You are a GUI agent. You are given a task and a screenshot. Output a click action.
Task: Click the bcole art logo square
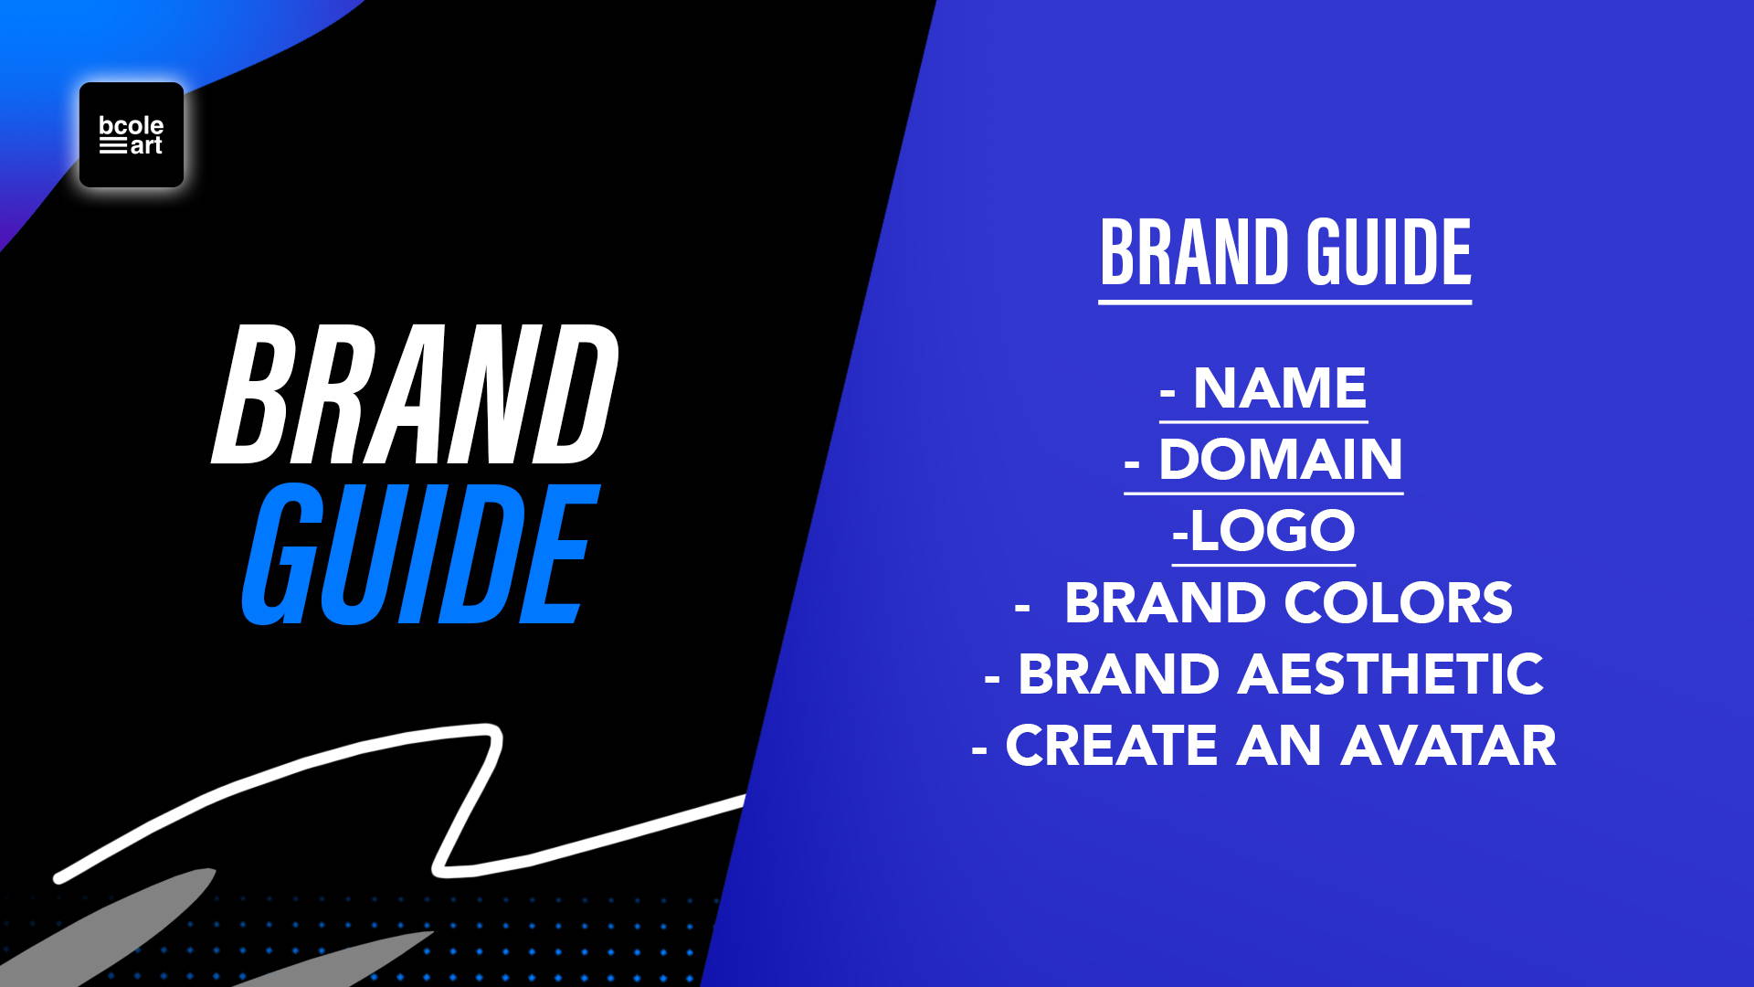pyautogui.click(x=132, y=134)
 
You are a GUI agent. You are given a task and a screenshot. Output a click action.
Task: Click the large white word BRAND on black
pyautogui.click(x=416, y=394)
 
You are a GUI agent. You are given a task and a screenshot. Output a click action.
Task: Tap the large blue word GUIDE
pyautogui.click(x=420, y=555)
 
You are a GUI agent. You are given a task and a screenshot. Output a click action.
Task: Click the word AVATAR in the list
pyautogui.click(x=1449, y=746)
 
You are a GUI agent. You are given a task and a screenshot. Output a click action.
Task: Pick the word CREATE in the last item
pyautogui.click(x=1112, y=746)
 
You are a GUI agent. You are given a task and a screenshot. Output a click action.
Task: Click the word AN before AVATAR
pyautogui.click(x=1279, y=746)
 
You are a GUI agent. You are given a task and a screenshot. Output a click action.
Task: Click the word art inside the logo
pyautogui.click(x=146, y=145)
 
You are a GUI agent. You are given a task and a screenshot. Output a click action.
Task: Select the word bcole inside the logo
pyautogui.click(x=132, y=125)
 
